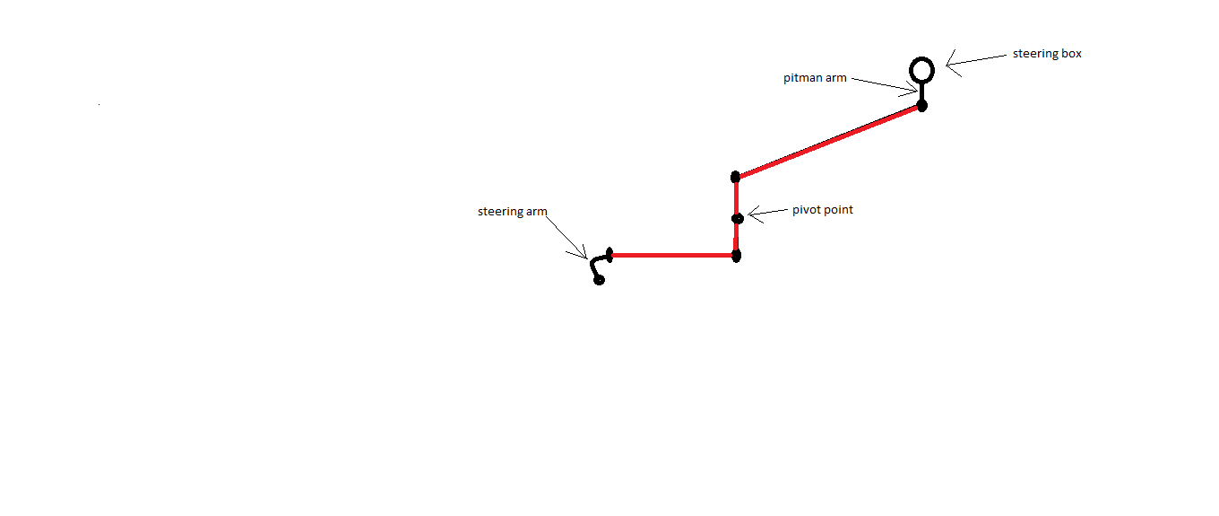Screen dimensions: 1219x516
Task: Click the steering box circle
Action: (921, 60)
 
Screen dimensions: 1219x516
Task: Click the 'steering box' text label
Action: (1047, 54)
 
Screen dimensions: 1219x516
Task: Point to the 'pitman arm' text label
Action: (815, 78)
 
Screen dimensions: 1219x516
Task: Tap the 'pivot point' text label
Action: (822, 210)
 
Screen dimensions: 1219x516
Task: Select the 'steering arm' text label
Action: (512, 212)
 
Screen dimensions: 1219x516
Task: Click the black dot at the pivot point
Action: (738, 218)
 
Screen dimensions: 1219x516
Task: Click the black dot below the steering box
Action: (921, 106)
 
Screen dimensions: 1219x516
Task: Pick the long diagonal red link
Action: (828, 141)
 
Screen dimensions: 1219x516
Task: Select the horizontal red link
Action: (673, 255)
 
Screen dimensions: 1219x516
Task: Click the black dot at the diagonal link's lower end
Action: (735, 177)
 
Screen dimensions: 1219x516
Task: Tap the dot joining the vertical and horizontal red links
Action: (736, 256)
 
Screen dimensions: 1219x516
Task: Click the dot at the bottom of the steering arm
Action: (599, 280)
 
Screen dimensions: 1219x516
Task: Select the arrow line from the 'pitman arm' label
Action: (885, 84)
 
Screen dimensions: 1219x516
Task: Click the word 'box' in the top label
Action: (1070, 54)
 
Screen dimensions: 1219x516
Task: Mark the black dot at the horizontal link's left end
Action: (609, 255)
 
